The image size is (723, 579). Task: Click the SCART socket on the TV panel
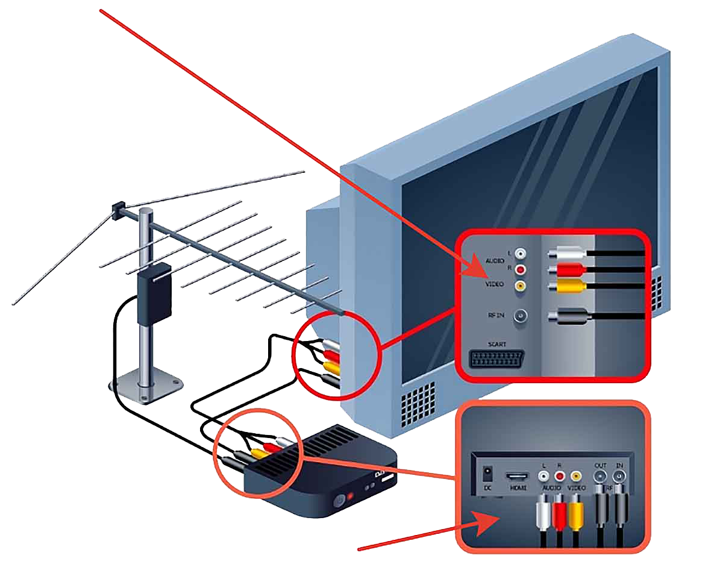click(496, 358)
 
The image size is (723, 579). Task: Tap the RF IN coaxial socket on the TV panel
click(519, 315)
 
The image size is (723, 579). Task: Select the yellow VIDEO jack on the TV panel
click(519, 286)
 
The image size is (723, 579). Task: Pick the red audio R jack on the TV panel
click(519, 270)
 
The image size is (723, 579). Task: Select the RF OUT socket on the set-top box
click(600, 476)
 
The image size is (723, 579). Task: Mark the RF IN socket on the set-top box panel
click(619, 476)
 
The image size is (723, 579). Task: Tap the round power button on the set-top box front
click(339, 499)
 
